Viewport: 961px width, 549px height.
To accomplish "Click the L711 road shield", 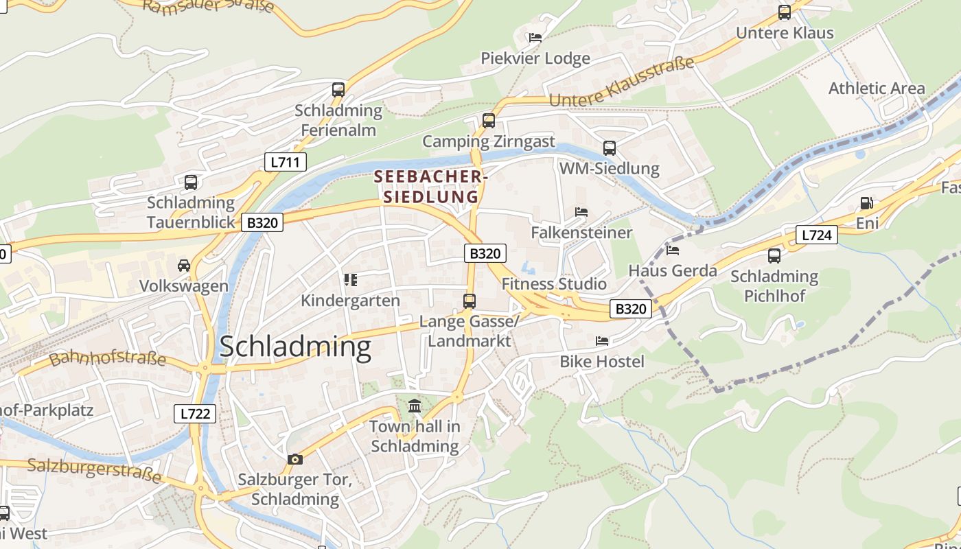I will [286, 162].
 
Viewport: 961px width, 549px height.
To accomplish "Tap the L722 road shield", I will [195, 414].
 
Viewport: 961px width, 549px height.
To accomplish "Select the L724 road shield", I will [817, 235].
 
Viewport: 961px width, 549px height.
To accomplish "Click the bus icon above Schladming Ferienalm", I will [338, 89].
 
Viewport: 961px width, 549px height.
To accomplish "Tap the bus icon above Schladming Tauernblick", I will [191, 183].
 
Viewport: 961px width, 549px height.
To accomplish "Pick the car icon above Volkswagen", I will [184, 266].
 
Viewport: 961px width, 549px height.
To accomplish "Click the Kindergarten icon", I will [351, 280].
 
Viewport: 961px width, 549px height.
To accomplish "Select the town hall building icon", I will [415, 406].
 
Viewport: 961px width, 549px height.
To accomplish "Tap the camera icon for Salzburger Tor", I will [295, 459].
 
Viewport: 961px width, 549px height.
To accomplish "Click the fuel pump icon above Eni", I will [867, 203].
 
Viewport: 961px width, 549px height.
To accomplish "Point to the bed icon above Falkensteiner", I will [581, 212].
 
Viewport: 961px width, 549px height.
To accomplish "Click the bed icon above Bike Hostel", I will [602, 341].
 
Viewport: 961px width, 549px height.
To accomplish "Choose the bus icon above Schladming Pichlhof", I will [774, 256].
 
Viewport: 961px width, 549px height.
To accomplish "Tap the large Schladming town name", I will [295, 347].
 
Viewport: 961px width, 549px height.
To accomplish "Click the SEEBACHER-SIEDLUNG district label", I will [430, 187].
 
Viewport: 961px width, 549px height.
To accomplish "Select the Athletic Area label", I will [877, 89].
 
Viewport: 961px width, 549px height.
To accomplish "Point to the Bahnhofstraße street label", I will [108, 358].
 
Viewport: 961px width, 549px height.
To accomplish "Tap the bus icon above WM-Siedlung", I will [609, 148].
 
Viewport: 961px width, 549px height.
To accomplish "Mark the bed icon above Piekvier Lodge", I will [535, 38].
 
